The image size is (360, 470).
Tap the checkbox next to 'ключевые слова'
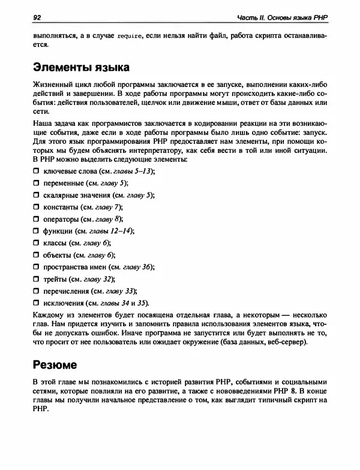[x=35, y=171]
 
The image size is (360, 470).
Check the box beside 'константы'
[x=35, y=207]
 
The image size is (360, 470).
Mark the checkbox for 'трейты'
[x=35, y=279]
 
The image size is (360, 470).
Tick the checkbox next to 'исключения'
[x=35, y=303]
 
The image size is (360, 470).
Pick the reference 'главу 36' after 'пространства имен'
[x=138, y=267]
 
